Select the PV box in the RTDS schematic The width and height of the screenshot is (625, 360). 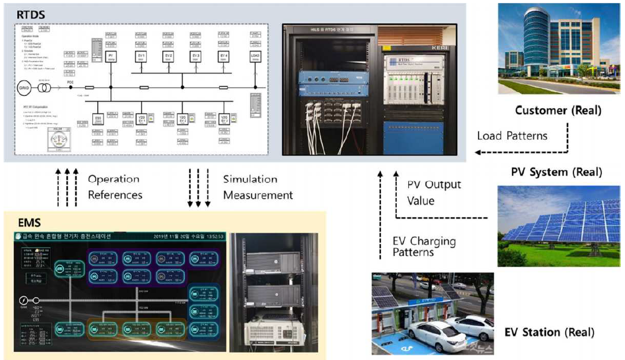(110, 56)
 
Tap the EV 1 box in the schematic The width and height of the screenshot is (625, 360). (142, 56)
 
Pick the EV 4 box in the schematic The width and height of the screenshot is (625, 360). (224, 56)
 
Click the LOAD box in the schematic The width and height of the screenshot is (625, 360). (256, 56)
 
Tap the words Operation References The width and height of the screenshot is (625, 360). (114, 187)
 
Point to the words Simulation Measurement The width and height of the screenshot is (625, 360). (258, 187)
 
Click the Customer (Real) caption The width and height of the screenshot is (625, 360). (558, 110)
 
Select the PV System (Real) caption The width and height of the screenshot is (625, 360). (556, 172)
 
